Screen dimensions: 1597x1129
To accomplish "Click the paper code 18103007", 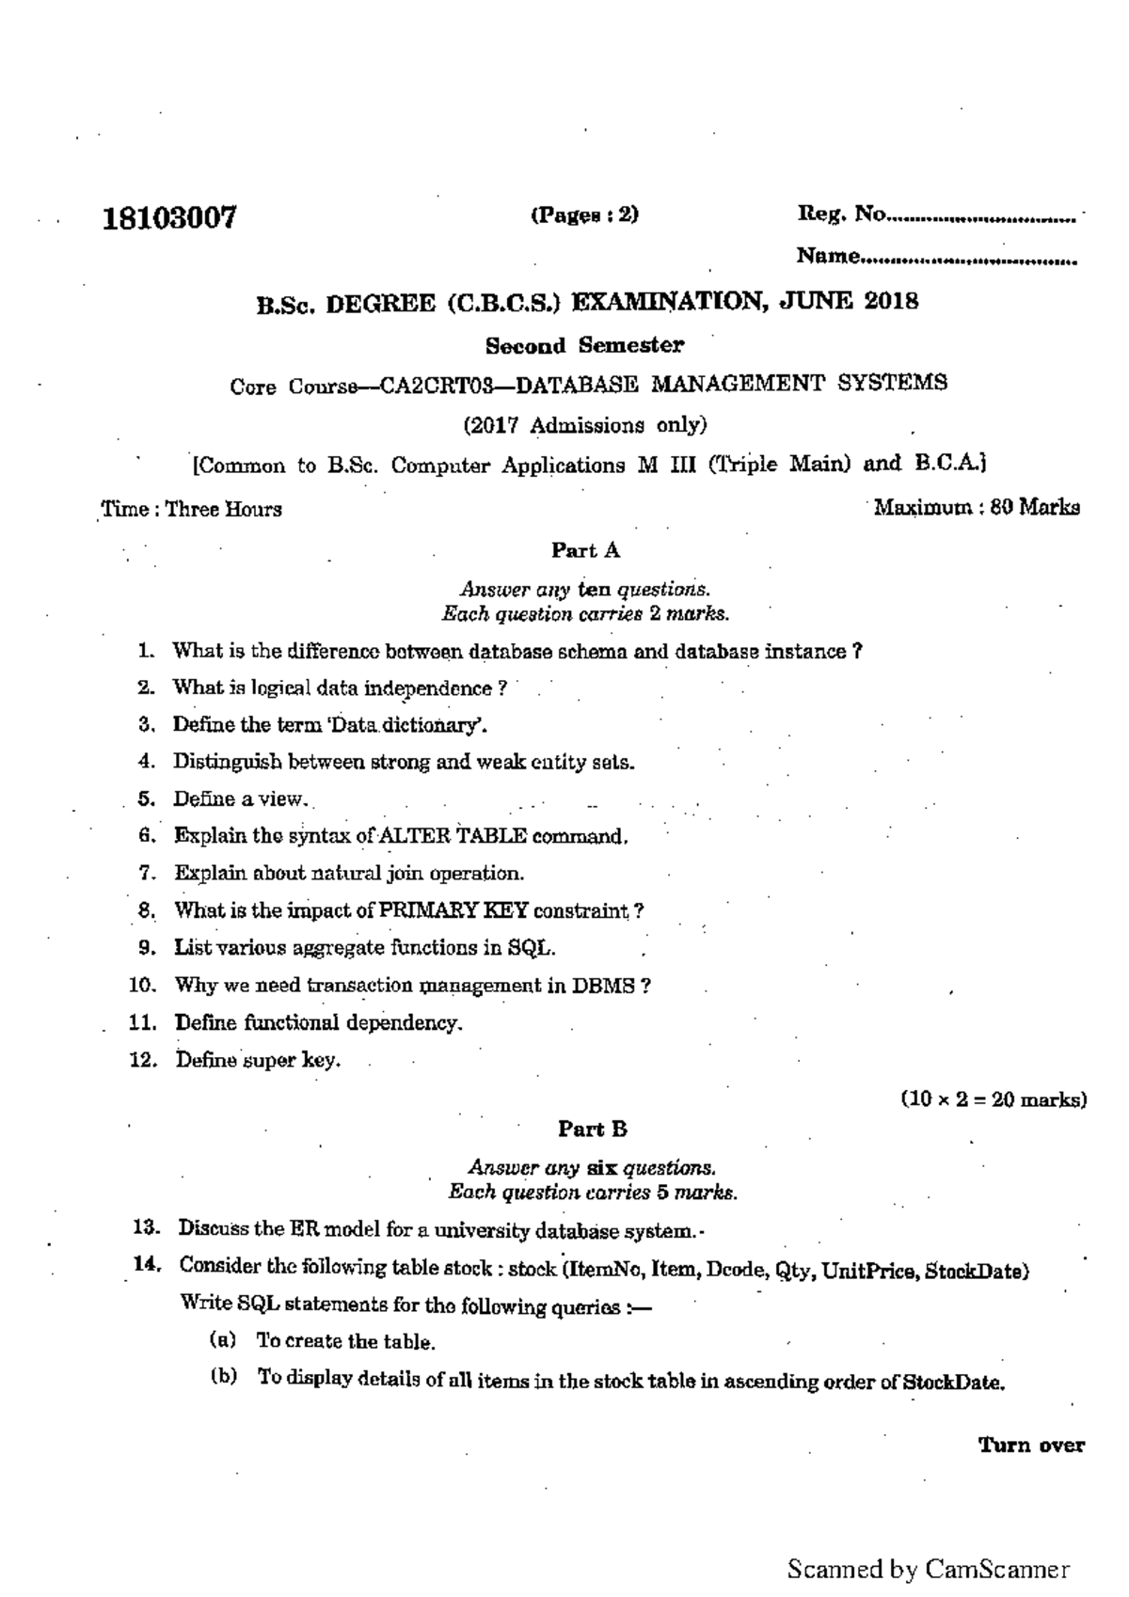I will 169,219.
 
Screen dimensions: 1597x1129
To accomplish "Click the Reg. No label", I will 841,215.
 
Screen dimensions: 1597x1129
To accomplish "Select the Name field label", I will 827,256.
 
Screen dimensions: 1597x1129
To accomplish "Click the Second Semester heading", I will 584,345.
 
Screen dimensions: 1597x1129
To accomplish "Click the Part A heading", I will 585,550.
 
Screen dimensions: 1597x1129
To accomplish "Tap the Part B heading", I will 592,1129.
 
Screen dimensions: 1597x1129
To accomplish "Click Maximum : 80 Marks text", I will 977,508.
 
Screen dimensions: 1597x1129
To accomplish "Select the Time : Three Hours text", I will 192,510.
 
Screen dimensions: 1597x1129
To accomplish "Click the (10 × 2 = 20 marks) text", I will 993,1099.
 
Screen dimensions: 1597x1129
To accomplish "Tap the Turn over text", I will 1031,1446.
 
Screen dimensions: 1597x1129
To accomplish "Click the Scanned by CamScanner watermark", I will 928,1569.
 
